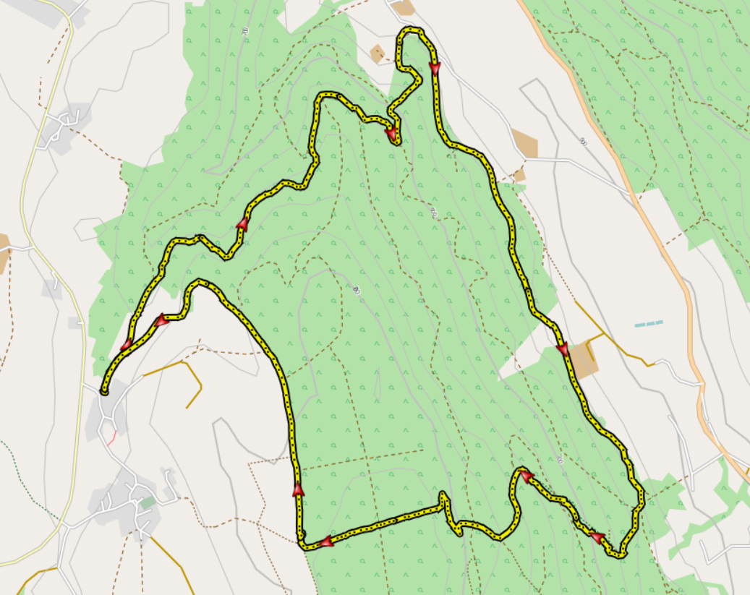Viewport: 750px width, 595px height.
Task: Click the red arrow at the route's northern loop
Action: click(x=435, y=68)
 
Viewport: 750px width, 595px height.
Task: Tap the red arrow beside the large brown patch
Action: click(x=562, y=350)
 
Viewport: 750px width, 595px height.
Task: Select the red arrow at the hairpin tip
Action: click(x=527, y=475)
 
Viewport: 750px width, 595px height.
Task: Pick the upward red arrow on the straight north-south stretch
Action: click(x=297, y=489)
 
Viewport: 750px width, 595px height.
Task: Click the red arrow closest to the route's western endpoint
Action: click(x=127, y=344)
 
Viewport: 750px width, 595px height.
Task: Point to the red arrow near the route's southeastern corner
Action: click(x=597, y=537)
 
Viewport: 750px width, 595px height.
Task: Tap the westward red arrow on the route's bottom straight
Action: click(x=325, y=541)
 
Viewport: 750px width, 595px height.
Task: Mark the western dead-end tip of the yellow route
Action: click(x=105, y=391)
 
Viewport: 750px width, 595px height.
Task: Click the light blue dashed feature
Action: click(x=649, y=324)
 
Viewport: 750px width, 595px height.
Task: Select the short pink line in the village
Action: click(x=112, y=437)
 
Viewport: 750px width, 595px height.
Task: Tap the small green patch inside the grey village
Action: click(x=148, y=502)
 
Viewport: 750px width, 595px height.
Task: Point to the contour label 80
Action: click(x=357, y=291)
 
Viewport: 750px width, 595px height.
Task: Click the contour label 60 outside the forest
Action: click(x=582, y=142)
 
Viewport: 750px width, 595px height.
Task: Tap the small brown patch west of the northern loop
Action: click(x=377, y=53)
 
